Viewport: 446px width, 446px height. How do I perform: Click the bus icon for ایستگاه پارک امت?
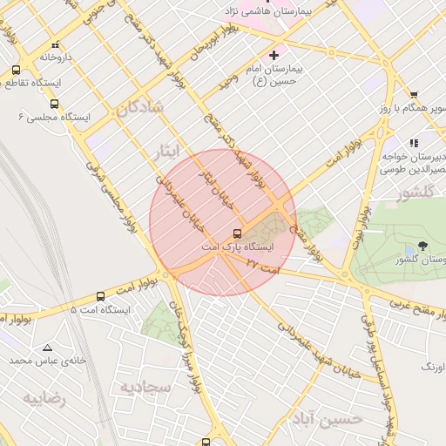click(x=236, y=233)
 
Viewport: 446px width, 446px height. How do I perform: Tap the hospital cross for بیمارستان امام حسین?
click(x=274, y=55)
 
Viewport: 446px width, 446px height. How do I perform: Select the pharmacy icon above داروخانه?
click(x=56, y=44)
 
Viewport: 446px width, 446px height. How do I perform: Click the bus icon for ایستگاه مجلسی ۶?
click(x=55, y=104)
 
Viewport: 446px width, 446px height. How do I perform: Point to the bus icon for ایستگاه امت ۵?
click(x=101, y=297)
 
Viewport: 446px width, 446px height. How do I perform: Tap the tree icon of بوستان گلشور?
click(x=422, y=247)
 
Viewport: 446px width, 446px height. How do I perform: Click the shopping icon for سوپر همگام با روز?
click(x=414, y=96)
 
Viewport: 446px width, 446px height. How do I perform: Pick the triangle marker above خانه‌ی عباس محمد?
click(x=46, y=347)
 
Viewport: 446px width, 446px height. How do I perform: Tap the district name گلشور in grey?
click(x=416, y=193)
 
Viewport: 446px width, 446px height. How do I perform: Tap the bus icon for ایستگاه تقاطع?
click(x=17, y=71)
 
